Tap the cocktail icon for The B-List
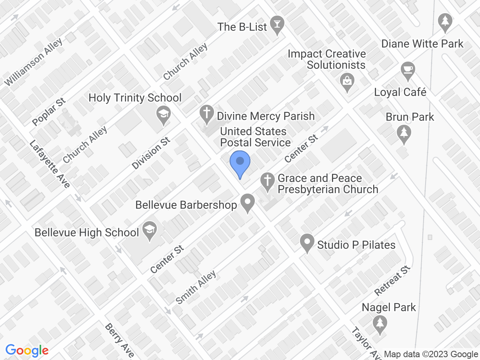pyautogui.click(x=276, y=25)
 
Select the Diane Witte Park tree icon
pyautogui.click(x=445, y=22)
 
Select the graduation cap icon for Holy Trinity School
pyautogui.click(x=164, y=114)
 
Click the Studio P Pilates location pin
pyautogui.click(x=307, y=242)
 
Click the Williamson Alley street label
pyautogui.click(x=34, y=62)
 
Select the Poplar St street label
pyautogui.click(x=49, y=112)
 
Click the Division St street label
pyautogui.click(x=151, y=153)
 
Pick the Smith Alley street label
pyautogui.click(x=196, y=287)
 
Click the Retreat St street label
pyautogui.click(x=393, y=280)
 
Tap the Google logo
pyautogui.click(x=27, y=351)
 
